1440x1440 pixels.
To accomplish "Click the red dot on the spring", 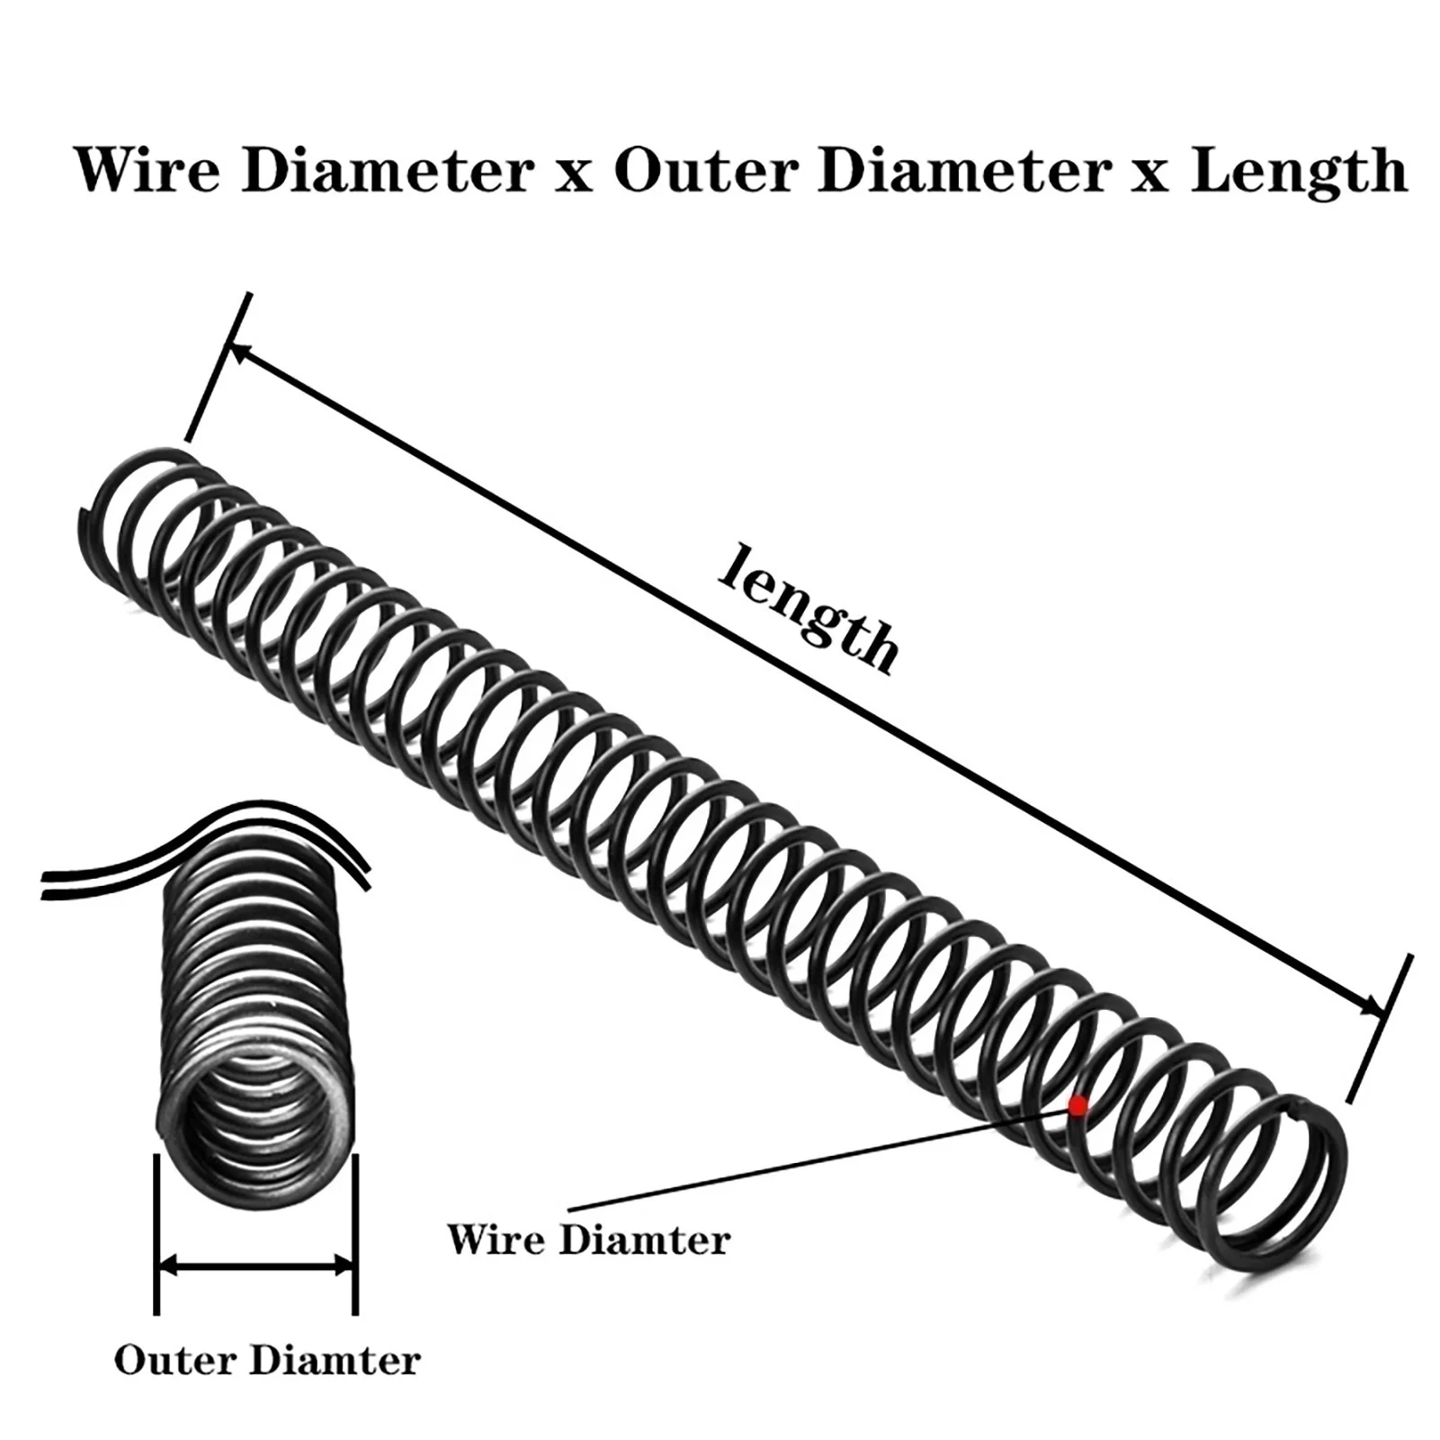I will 1077,1105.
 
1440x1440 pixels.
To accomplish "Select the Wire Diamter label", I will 589,1240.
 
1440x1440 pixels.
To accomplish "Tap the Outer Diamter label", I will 267,1361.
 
